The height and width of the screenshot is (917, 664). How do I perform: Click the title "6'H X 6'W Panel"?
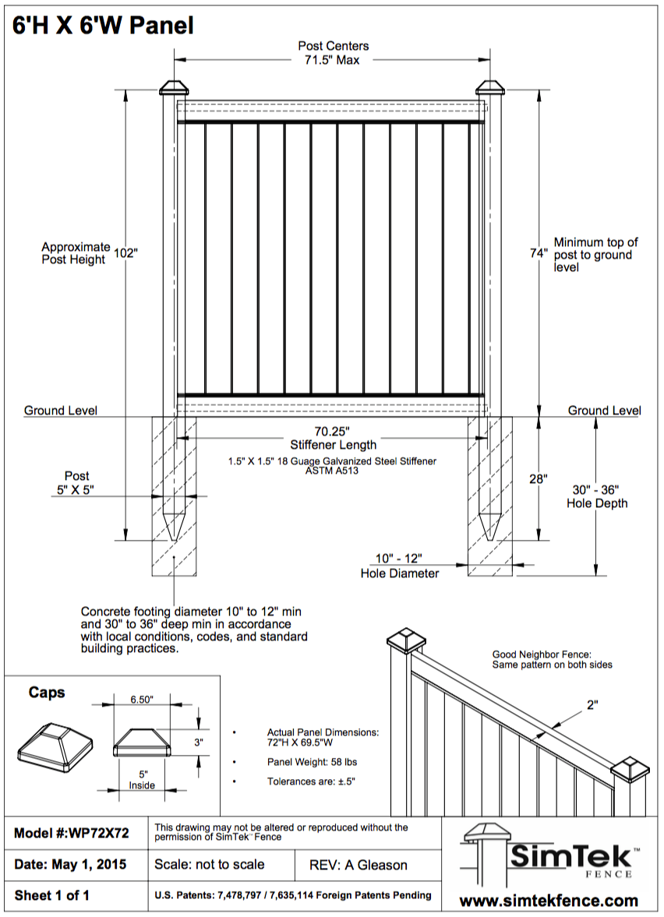coord(103,25)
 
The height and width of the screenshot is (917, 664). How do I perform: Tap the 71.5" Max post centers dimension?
coord(333,60)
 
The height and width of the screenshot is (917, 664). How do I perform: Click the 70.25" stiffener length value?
coord(333,431)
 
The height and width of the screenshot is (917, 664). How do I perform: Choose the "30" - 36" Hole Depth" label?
coord(596,496)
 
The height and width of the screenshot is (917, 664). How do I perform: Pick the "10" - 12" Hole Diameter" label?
coord(399,566)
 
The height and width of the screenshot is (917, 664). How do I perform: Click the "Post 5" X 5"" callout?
coord(76,482)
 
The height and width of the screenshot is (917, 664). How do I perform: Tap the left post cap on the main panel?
coord(174,86)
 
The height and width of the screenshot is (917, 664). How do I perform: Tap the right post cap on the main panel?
coord(491,86)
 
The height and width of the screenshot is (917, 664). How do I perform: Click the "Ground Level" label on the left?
coord(61,411)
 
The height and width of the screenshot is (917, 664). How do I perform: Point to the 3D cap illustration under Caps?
coord(55,743)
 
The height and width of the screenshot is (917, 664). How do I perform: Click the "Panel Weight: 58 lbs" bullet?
coord(312,761)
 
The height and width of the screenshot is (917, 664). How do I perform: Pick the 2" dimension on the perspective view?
coord(592,705)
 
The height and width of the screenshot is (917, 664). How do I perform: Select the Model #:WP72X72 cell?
coord(72,833)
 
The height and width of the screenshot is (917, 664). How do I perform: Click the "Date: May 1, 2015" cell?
coord(71,864)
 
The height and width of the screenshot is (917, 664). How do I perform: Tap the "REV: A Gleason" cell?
coord(358,864)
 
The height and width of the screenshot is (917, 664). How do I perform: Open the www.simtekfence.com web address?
coord(549,901)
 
